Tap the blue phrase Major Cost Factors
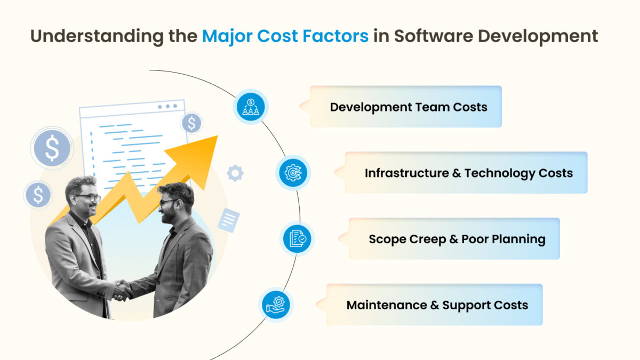(x=285, y=36)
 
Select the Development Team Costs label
(x=409, y=107)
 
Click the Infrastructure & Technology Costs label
(x=469, y=173)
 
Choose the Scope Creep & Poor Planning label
(x=457, y=239)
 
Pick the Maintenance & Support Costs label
(x=437, y=306)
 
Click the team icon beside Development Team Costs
(x=250, y=107)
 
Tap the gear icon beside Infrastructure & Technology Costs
(x=293, y=173)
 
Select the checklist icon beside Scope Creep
(x=297, y=238)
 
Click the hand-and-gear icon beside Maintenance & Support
(x=276, y=305)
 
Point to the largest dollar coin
(x=52, y=148)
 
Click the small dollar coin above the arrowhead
(x=191, y=124)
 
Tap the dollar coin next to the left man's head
(x=38, y=195)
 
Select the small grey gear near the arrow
(x=235, y=173)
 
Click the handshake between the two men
(x=123, y=290)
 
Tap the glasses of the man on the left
(x=88, y=198)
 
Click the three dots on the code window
(x=167, y=107)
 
